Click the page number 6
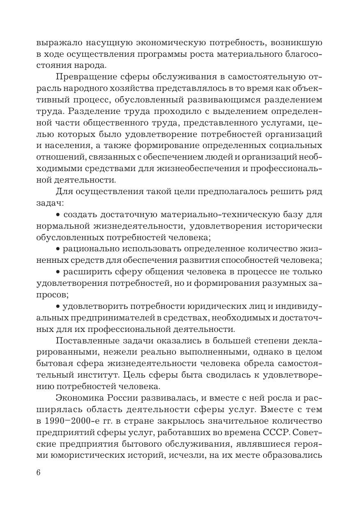[x=39, y=472]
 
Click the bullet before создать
[x=58, y=215]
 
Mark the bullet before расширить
[x=58, y=272]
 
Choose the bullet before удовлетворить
[x=58, y=306]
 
